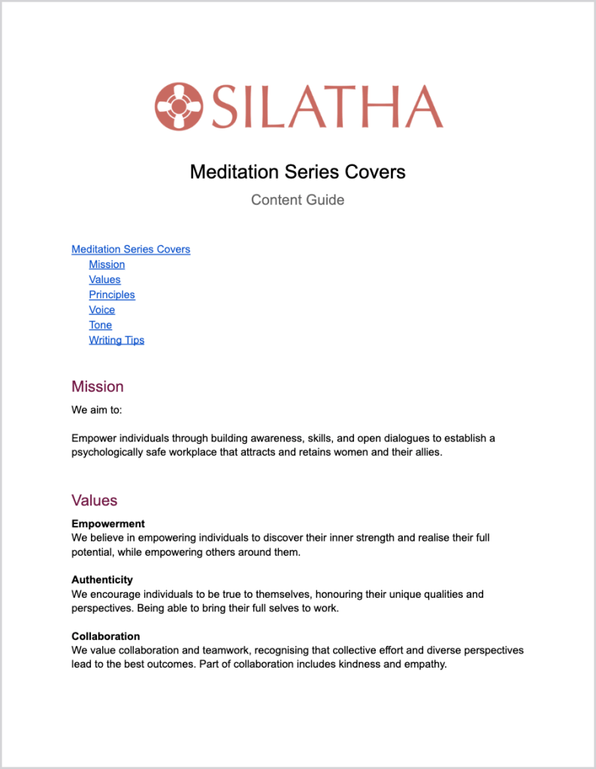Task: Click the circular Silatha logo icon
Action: (179, 106)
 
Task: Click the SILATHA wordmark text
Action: (327, 107)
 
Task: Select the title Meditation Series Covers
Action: (298, 172)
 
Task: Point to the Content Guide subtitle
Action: (298, 200)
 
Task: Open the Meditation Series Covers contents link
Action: (131, 249)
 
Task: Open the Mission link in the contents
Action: (107, 264)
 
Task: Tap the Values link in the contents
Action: (104, 279)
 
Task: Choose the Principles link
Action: (112, 294)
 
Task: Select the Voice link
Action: (102, 309)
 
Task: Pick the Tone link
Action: (100, 325)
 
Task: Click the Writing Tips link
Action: (116, 340)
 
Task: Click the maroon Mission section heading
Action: (98, 387)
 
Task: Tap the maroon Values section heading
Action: (95, 500)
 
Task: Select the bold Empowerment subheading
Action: (108, 523)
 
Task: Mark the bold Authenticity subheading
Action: (102, 580)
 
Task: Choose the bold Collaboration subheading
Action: (106, 636)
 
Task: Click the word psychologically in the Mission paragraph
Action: (107, 453)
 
